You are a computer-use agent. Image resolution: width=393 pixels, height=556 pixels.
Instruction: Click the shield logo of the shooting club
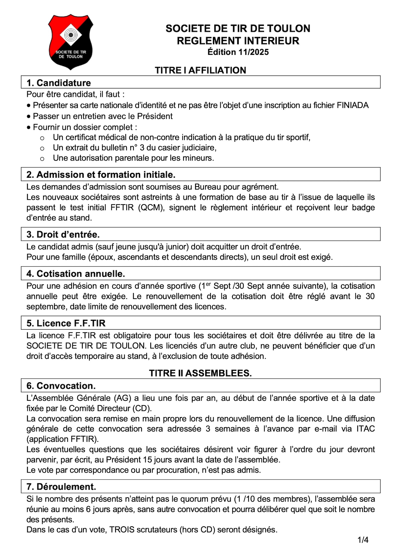71,42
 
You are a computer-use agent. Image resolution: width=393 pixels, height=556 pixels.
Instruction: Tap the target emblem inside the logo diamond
71,35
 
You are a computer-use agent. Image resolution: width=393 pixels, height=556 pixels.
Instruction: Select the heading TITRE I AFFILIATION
200,70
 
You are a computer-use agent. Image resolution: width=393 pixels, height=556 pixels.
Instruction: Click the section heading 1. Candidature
59,83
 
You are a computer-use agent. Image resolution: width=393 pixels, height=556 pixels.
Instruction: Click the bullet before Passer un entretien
29,117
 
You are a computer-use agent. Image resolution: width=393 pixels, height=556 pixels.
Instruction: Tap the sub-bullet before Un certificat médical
42,138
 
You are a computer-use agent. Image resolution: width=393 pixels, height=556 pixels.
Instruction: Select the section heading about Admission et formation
101,175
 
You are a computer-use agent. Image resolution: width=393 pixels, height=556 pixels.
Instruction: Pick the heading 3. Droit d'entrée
63,234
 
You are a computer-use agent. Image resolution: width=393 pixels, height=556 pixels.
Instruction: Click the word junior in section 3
176,247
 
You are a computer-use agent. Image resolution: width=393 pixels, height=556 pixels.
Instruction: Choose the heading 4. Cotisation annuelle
76,274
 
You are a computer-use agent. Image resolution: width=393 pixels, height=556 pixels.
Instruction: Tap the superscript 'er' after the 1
208,284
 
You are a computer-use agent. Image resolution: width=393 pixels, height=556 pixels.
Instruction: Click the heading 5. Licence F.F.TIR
66,323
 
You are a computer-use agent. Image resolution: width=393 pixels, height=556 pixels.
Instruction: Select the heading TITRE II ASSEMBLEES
200,373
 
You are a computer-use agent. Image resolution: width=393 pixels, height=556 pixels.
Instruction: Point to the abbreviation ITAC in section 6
365,429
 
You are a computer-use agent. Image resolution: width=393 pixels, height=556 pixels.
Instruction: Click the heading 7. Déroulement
61,487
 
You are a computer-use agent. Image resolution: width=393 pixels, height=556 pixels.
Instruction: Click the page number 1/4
363,540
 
